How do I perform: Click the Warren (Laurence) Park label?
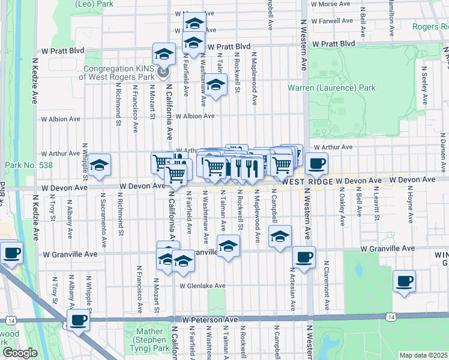click(x=331, y=88)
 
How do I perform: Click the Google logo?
click(x=20, y=353)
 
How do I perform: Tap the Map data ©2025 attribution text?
click(x=424, y=355)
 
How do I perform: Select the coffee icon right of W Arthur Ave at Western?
click(x=316, y=163)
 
